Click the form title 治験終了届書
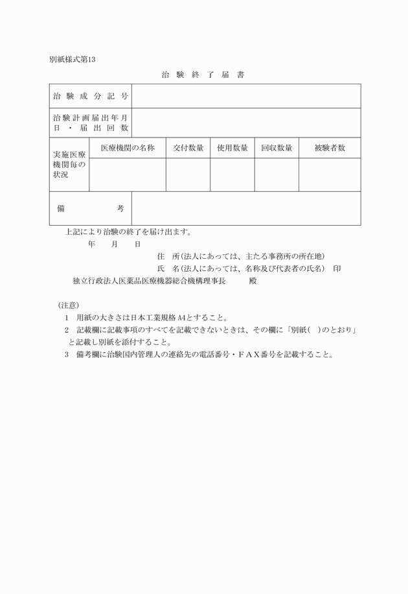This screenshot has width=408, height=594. [x=203, y=75]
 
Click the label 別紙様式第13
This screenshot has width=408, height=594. [x=72, y=60]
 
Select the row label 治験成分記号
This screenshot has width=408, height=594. [x=91, y=96]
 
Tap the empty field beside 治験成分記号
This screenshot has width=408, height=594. [x=246, y=96]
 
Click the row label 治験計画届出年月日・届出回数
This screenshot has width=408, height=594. [x=91, y=123]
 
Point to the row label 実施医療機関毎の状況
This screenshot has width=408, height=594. [x=69, y=165]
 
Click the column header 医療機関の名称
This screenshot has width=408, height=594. [x=128, y=148]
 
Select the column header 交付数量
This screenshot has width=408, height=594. [x=188, y=148]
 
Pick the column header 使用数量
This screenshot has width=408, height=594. [x=232, y=148]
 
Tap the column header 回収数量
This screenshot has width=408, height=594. [x=277, y=148]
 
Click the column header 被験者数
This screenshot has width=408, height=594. [x=330, y=148]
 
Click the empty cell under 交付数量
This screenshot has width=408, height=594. [x=188, y=174]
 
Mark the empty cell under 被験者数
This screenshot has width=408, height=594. [x=330, y=174]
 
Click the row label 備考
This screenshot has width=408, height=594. [x=91, y=208]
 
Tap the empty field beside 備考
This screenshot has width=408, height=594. [x=246, y=208]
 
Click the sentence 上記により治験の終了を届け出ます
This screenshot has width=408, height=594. [x=128, y=232]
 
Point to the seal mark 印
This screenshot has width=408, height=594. [x=337, y=268]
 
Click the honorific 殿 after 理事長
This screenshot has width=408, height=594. [x=253, y=281]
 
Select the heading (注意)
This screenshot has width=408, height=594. [x=69, y=305]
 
